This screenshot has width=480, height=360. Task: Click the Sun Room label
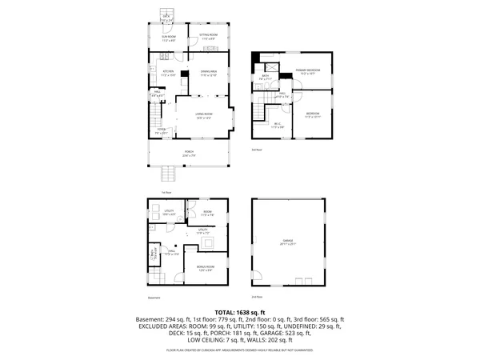point(168,37)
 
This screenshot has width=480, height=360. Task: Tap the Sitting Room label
point(208,37)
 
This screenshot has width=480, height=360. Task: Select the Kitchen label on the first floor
point(158,72)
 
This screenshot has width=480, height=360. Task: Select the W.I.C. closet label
point(278,124)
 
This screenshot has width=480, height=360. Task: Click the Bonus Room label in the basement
point(206,267)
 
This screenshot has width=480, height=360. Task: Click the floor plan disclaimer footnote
point(239,350)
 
